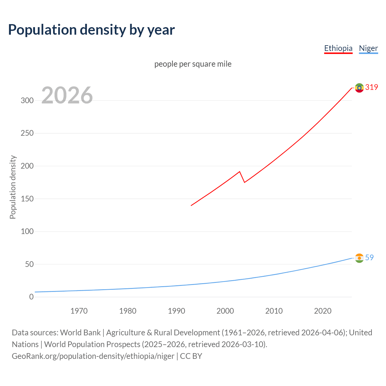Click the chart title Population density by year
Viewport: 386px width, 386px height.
tap(91, 30)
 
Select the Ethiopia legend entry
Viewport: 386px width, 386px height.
tap(338, 49)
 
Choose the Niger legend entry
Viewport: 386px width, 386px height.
tap(368, 49)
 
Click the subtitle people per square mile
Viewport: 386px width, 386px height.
tap(193, 64)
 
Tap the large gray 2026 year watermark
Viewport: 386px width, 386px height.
tap(67, 95)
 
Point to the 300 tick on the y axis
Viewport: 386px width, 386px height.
tap(27, 101)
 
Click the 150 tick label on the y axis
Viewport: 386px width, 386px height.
tap(27, 199)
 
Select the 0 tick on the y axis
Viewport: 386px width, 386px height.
tap(31, 297)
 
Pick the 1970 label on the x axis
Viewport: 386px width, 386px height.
tap(79, 311)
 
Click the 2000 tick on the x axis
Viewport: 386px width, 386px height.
tap(225, 311)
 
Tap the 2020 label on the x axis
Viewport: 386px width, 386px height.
tap(323, 311)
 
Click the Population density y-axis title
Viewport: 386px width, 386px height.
tap(13, 187)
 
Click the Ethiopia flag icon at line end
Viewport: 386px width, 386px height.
tap(359, 88)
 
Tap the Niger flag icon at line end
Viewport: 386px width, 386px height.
tap(359, 258)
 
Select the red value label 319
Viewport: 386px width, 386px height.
tap(372, 87)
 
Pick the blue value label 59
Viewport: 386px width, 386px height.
tap(369, 258)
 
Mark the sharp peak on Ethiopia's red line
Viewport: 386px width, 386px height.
tap(239, 172)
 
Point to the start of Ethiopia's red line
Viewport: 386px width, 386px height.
tap(191, 205)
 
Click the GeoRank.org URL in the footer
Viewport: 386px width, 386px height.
tap(93, 356)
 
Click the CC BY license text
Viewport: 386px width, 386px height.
tap(191, 356)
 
